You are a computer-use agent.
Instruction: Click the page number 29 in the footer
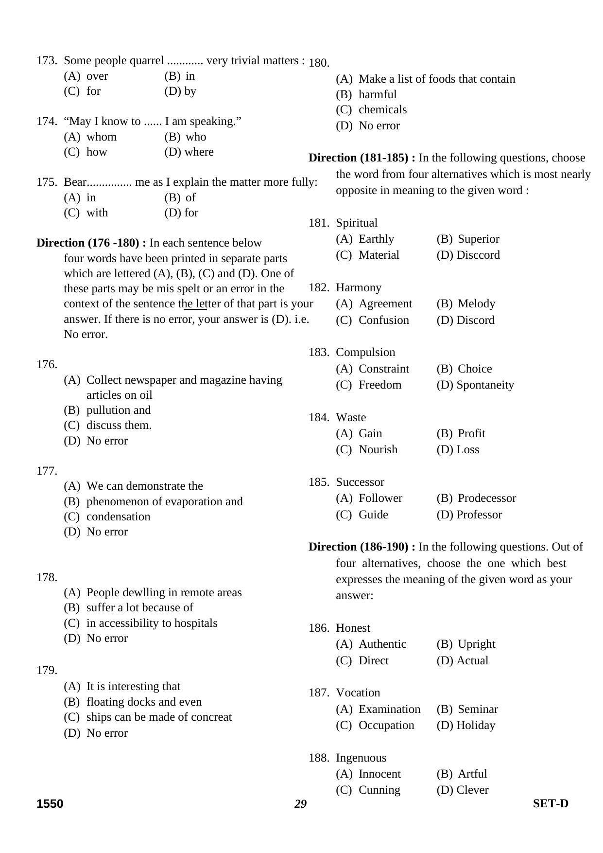click(300, 804)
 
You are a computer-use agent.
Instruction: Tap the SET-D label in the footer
click(550, 803)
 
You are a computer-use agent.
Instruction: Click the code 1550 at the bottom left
click(50, 804)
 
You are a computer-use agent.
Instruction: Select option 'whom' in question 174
click(101, 137)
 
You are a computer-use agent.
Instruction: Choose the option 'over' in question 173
click(97, 76)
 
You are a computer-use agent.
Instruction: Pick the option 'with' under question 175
click(97, 213)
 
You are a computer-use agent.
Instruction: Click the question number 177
click(47, 471)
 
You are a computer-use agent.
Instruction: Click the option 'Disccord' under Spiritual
click(478, 255)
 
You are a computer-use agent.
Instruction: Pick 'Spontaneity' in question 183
click(485, 385)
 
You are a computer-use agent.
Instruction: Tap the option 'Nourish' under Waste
click(378, 449)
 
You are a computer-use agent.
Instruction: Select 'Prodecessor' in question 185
click(486, 498)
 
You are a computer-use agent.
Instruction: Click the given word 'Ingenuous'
click(361, 758)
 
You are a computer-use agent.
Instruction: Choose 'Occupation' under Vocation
click(386, 725)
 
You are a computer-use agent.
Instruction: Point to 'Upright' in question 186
click(476, 644)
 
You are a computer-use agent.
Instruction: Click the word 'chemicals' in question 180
click(382, 109)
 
